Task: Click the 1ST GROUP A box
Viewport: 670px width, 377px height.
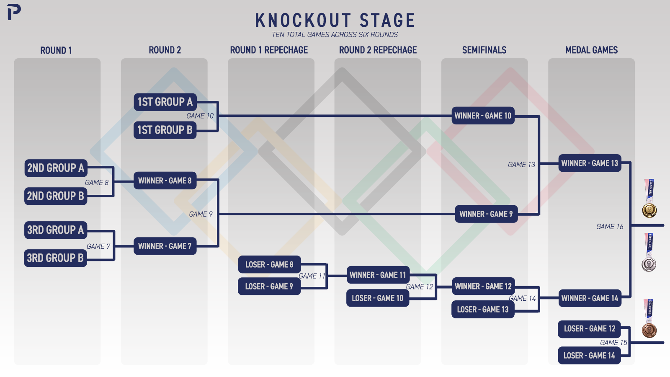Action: (x=165, y=102)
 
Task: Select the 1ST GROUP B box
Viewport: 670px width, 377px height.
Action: (x=165, y=130)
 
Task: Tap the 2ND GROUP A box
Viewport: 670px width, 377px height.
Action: (x=56, y=168)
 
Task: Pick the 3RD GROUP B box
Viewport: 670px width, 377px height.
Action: (x=56, y=258)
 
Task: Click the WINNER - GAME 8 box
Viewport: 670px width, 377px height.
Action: (x=165, y=181)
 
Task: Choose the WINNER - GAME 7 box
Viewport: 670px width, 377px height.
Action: (x=165, y=246)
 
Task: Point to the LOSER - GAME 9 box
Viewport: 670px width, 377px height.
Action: (x=269, y=287)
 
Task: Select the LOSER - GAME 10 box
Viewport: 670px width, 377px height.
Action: (x=378, y=298)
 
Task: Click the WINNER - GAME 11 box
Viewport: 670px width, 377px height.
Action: (x=378, y=275)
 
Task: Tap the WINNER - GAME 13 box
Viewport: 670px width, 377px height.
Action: (x=590, y=163)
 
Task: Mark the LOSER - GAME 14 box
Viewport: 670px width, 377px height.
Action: (x=589, y=356)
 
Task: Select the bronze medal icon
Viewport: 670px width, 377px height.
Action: (x=649, y=318)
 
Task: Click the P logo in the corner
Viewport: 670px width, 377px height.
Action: (x=14, y=12)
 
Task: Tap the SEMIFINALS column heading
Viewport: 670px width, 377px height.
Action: (x=484, y=50)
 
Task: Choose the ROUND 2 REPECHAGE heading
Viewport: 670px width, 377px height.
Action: (x=378, y=50)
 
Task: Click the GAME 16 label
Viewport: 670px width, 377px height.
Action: (x=610, y=227)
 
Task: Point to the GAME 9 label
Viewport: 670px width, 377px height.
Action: (x=201, y=214)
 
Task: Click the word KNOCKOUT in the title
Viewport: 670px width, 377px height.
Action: (x=303, y=21)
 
